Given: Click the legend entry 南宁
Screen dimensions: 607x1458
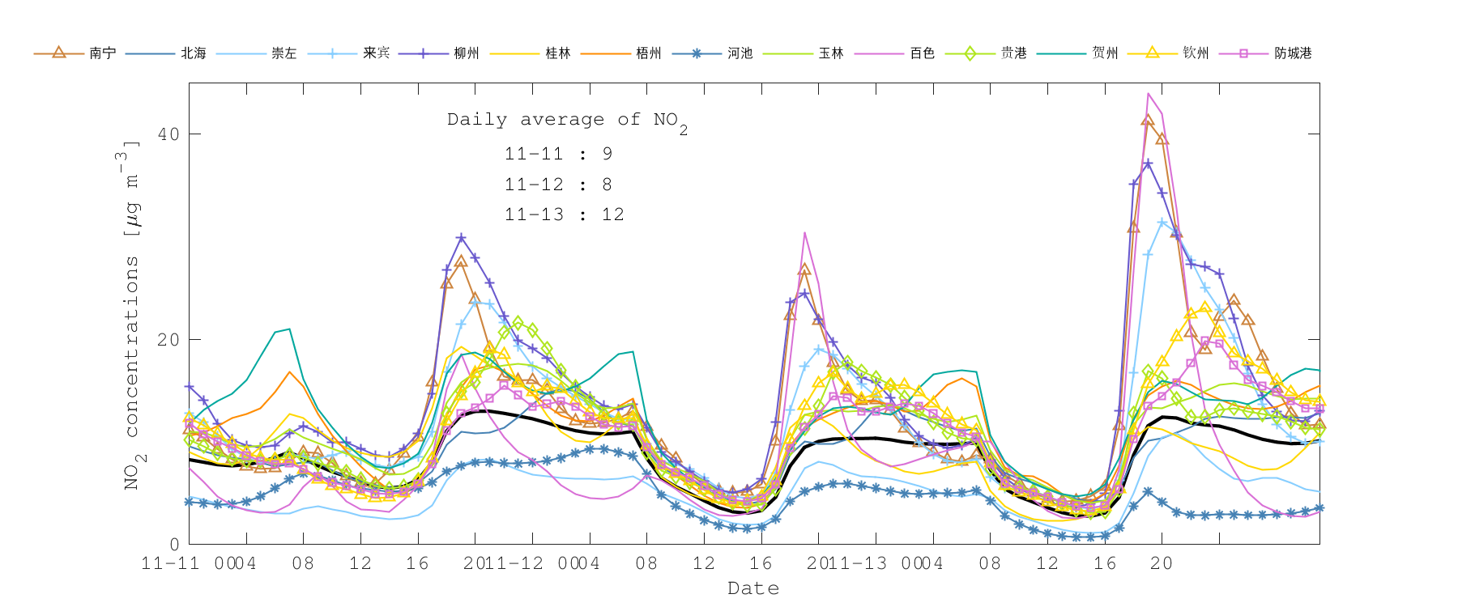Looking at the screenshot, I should click(103, 53).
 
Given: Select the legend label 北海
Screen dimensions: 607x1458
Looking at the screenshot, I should click(194, 53).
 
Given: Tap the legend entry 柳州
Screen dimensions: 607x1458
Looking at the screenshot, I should click(467, 53).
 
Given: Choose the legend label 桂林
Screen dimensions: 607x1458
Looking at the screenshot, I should click(558, 53).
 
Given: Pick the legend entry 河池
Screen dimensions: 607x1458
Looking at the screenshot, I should click(740, 53).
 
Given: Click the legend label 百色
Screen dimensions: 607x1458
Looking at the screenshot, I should click(923, 53).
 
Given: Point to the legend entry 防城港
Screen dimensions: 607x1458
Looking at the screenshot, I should click(1293, 53).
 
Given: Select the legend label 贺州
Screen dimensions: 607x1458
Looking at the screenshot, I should click(1105, 53).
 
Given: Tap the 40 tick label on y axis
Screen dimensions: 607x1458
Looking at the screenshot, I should click(168, 134).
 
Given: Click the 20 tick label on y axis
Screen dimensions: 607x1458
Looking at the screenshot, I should click(168, 340).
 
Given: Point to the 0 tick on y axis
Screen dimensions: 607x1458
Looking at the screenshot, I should click(174, 545).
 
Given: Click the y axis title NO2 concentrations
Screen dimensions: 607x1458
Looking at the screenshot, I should click(132, 316).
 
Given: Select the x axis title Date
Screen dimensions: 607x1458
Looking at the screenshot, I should click(753, 588).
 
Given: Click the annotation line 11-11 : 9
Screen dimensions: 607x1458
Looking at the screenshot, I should click(558, 154).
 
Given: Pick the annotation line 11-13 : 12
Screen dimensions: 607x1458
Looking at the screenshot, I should click(564, 214).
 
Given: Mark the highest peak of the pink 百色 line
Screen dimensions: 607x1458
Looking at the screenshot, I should click(1148, 94).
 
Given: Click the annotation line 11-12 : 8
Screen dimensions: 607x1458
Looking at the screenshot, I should click(558, 185).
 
